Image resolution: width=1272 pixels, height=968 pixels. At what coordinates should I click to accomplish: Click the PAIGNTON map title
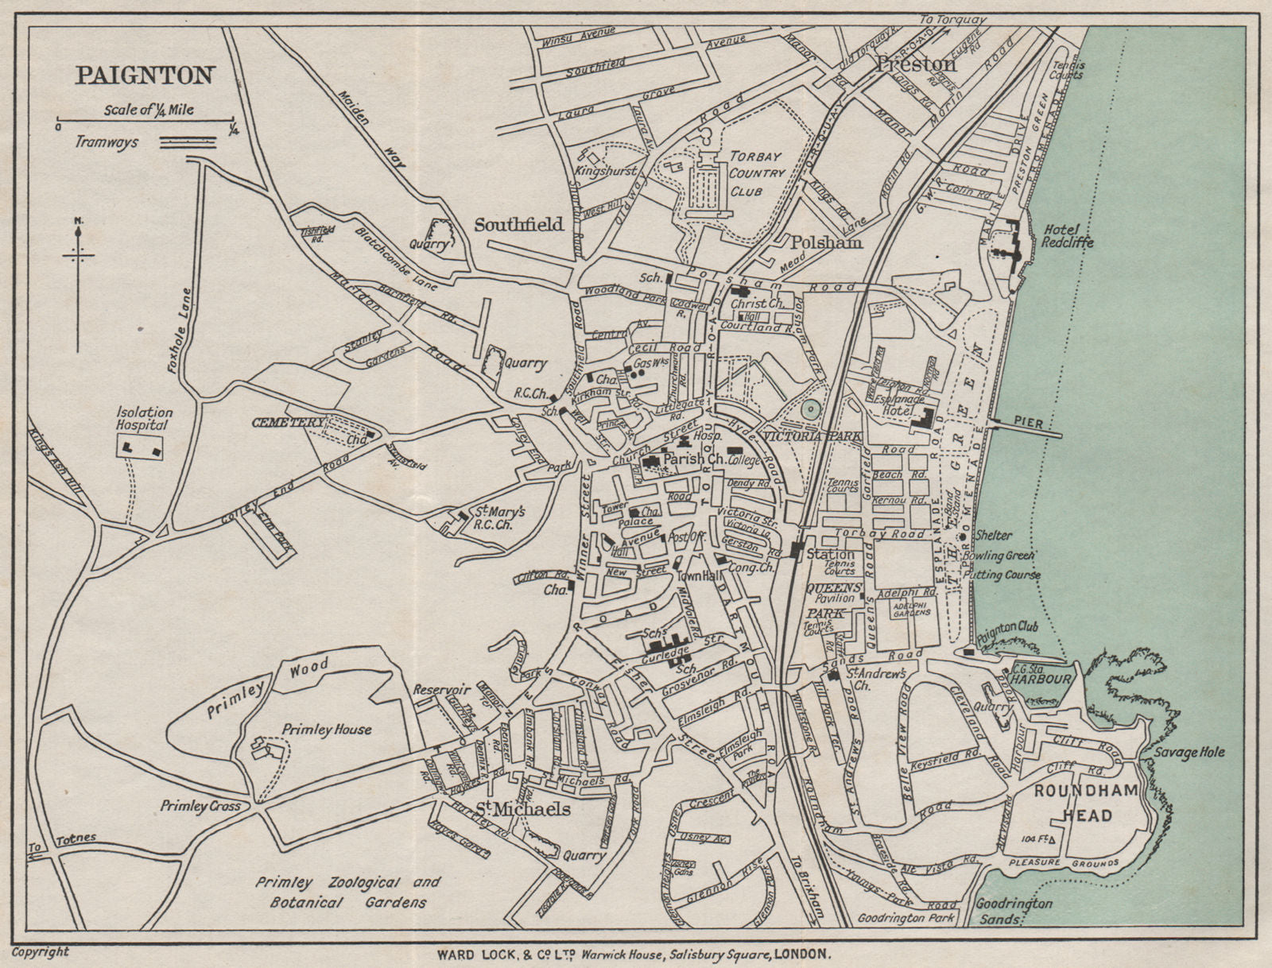point(145,76)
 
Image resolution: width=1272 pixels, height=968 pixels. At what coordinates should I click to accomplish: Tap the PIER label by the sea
point(1029,424)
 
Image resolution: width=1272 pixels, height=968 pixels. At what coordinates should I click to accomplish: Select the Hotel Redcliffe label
point(1066,235)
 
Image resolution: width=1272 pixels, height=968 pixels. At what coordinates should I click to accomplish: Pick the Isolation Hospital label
point(144,418)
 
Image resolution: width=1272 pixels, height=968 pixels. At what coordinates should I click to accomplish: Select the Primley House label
point(326,730)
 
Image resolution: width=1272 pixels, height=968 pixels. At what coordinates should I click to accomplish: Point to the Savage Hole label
point(1189,752)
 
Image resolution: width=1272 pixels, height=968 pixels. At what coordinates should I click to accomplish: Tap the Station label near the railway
point(830,554)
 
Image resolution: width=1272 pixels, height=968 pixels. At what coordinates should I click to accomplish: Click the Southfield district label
point(519,225)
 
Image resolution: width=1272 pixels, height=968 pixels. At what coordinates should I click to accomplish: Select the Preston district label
point(915,64)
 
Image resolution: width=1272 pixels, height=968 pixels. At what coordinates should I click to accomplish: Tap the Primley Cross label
point(195,805)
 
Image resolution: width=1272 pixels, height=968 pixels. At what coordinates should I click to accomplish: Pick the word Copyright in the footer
point(41,951)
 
